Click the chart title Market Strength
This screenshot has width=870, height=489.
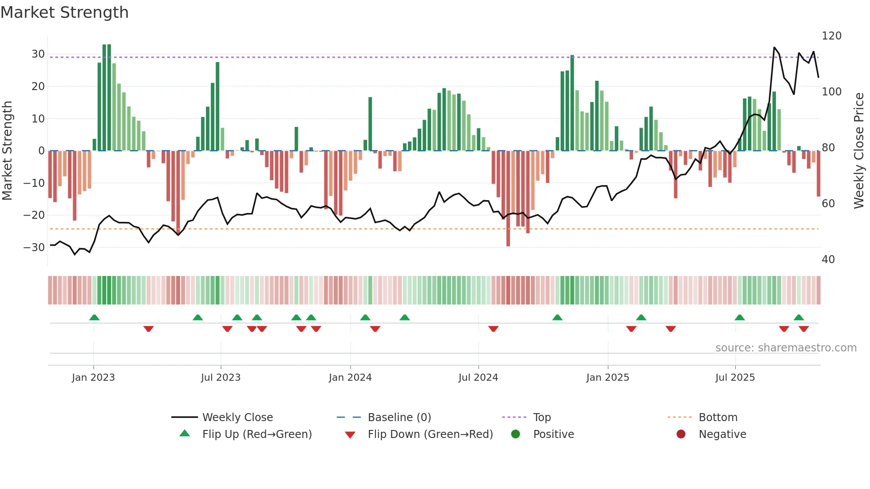pyautogui.click(x=64, y=12)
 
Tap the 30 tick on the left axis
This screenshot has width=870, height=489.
pyautogui.click(x=38, y=54)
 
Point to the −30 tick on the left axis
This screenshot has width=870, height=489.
pyautogui.click(x=34, y=248)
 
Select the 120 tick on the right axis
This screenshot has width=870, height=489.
pyautogui.click(x=831, y=36)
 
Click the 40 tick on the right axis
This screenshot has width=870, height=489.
pyautogui.click(x=828, y=260)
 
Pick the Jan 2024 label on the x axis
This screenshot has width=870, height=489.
pyautogui.click(x=350, y=378)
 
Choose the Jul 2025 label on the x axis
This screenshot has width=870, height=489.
pyautogui.click(x=735, y=378)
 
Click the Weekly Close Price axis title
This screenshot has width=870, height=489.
pyautogui.click(x=859, y=151)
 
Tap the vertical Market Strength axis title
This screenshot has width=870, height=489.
pyautogui.click(x=7, y=151)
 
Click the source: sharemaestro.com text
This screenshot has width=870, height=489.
pyautogui.click(x=786, y=348)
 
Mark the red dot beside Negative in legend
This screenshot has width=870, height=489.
pyautogui.click(x=681, y=434)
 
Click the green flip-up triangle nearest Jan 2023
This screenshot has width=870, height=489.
pyautogui.click(x=94, y=317)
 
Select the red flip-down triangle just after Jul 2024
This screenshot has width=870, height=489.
pyautogui.click(x=493, y=329)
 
